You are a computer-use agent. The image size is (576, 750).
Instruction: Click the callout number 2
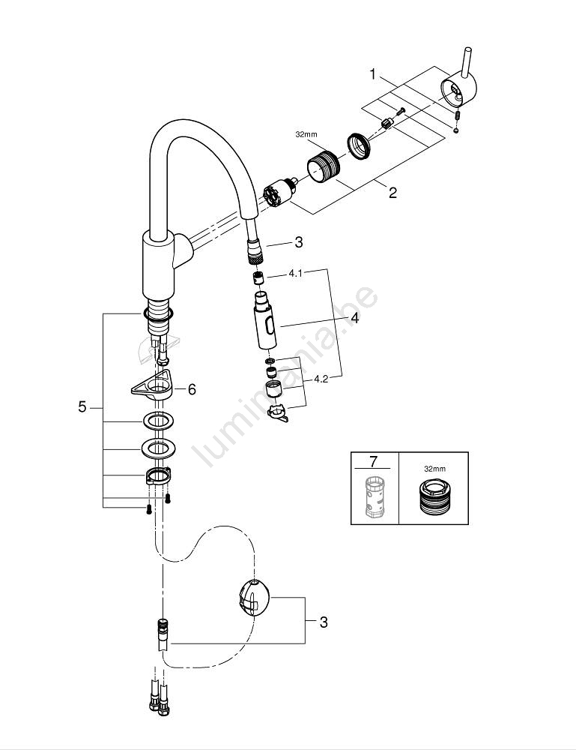392,193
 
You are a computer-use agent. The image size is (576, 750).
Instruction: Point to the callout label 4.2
321,379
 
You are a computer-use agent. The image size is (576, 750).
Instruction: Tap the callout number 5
82,406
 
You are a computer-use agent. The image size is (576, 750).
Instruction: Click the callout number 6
192,388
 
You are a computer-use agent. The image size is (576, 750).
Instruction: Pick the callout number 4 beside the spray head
354,319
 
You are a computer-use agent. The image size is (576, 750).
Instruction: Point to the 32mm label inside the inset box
434,468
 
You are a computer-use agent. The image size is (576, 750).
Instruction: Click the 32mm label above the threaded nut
306,136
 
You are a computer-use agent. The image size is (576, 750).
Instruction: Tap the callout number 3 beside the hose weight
323,622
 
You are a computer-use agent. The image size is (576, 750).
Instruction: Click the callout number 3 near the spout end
298,242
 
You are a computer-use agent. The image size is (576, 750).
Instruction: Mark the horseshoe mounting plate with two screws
157,477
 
